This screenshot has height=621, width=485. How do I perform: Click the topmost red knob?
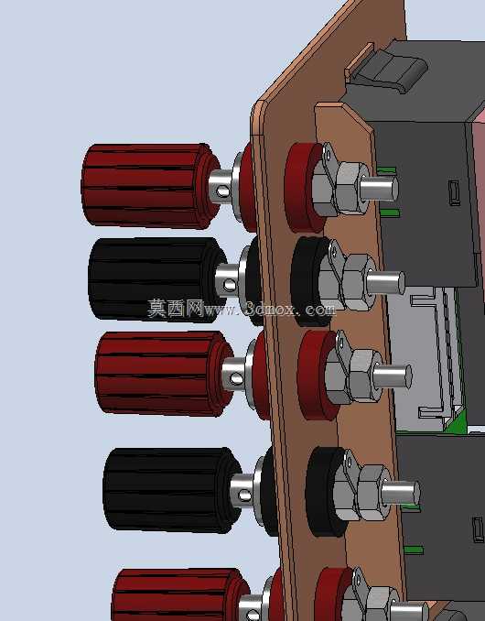pyautogui.click(x=150, y=186)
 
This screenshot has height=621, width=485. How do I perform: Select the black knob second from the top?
pyautogui.click(x=157, y=279)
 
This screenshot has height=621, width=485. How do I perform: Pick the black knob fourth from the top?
pyautogui.click(x=172, y=490)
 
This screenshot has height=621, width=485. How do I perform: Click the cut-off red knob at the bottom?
pyautogui.click(x=180, y=594)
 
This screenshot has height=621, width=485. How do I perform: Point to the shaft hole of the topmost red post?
pyautogui.click(x=222, y=191)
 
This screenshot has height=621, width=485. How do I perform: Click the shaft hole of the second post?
pyautogui.click(x=230, y=285)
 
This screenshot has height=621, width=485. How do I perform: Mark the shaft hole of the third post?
pyautogui.click(x=236, y=379)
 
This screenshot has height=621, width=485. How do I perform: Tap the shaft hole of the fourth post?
pyautogui.click(x=244, y=496)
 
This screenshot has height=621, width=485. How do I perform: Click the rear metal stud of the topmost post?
pyautogui.click(x=379, y=189)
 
